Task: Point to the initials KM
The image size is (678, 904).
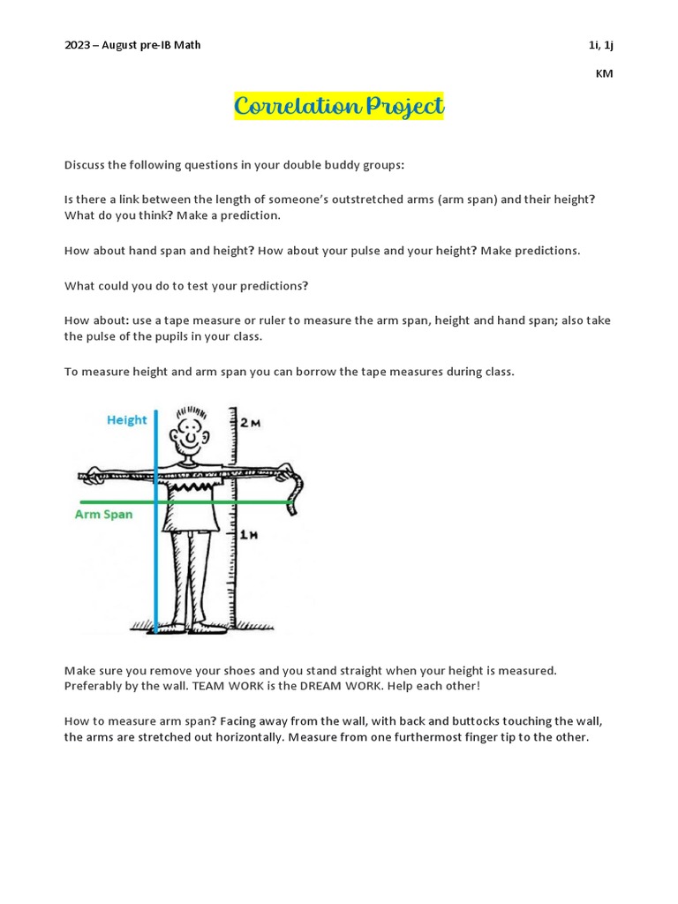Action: pyautogui.click(x=604, y=74)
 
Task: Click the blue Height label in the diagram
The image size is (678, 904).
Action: pyautogui.click(x=127, y=420)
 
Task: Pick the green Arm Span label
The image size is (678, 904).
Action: pyautogui.click(x=103, y=515)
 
